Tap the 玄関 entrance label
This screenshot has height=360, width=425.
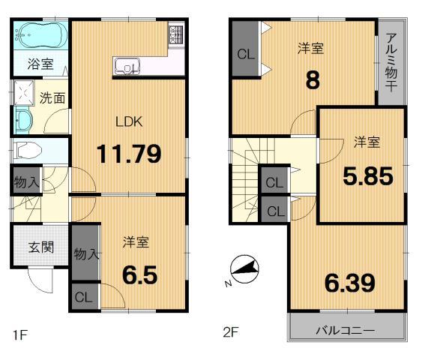[x=40, y=247]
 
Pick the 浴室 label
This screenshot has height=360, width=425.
[x=40, y=64]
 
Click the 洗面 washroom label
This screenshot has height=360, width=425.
[x=52, y=97]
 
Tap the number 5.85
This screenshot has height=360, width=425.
[x=368, y=176]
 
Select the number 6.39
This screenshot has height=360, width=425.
[x=350, y=283]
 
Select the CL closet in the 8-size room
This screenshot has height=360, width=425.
[x=245, y=54]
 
